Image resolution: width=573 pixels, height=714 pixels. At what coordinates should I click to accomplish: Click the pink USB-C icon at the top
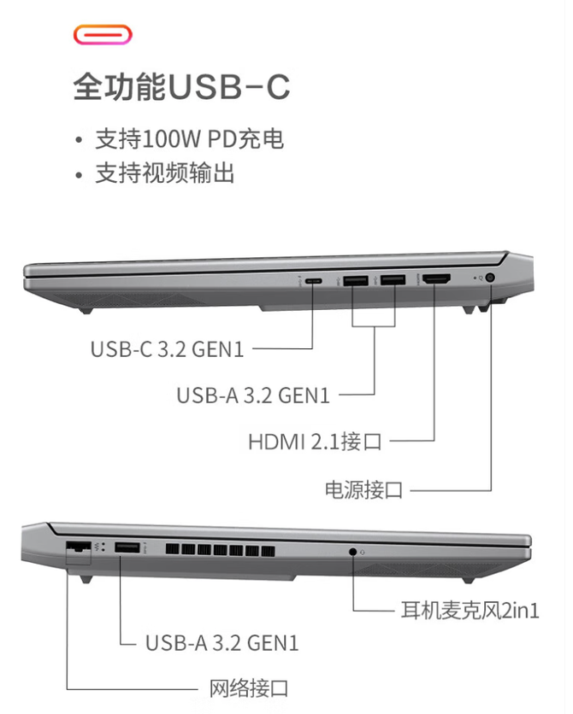[103, 35]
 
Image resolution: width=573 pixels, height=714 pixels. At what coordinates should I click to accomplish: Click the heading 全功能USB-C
[181, 86]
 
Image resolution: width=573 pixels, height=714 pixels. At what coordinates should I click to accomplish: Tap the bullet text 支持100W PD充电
[189, 139]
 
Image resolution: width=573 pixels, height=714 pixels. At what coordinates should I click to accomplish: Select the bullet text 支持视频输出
[164, 173]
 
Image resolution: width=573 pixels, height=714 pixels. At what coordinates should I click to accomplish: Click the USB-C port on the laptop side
[314, 281]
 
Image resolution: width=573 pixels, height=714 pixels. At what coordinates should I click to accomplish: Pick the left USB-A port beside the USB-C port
[356, 280]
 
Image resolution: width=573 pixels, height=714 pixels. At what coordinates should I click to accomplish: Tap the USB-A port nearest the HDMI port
[393, 280]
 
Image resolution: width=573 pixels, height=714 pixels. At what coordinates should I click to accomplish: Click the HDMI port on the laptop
[437, 278]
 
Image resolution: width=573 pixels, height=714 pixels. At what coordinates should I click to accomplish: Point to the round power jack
[491, 278]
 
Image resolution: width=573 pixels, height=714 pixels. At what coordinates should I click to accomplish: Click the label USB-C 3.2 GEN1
[168, 349]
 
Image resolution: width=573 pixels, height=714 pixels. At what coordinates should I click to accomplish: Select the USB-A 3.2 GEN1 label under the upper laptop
[253, 395]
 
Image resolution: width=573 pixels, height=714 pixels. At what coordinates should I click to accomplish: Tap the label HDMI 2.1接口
[315, 442]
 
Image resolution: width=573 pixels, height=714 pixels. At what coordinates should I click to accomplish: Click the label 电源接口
[363, 490]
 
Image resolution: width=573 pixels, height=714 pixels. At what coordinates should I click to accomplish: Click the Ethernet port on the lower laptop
[79, 547]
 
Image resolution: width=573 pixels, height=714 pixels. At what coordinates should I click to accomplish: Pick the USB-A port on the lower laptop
[127, 547]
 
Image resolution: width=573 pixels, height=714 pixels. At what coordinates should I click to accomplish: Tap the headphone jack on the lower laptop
[352, 552]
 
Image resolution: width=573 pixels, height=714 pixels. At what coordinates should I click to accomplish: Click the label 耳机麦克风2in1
[470, 610]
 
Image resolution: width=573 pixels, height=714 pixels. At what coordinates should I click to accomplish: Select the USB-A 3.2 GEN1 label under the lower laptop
[222, 643]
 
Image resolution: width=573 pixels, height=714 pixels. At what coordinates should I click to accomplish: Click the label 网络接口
[249, 688]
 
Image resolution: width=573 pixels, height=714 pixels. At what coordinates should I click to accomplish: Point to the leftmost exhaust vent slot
[172, 550]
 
